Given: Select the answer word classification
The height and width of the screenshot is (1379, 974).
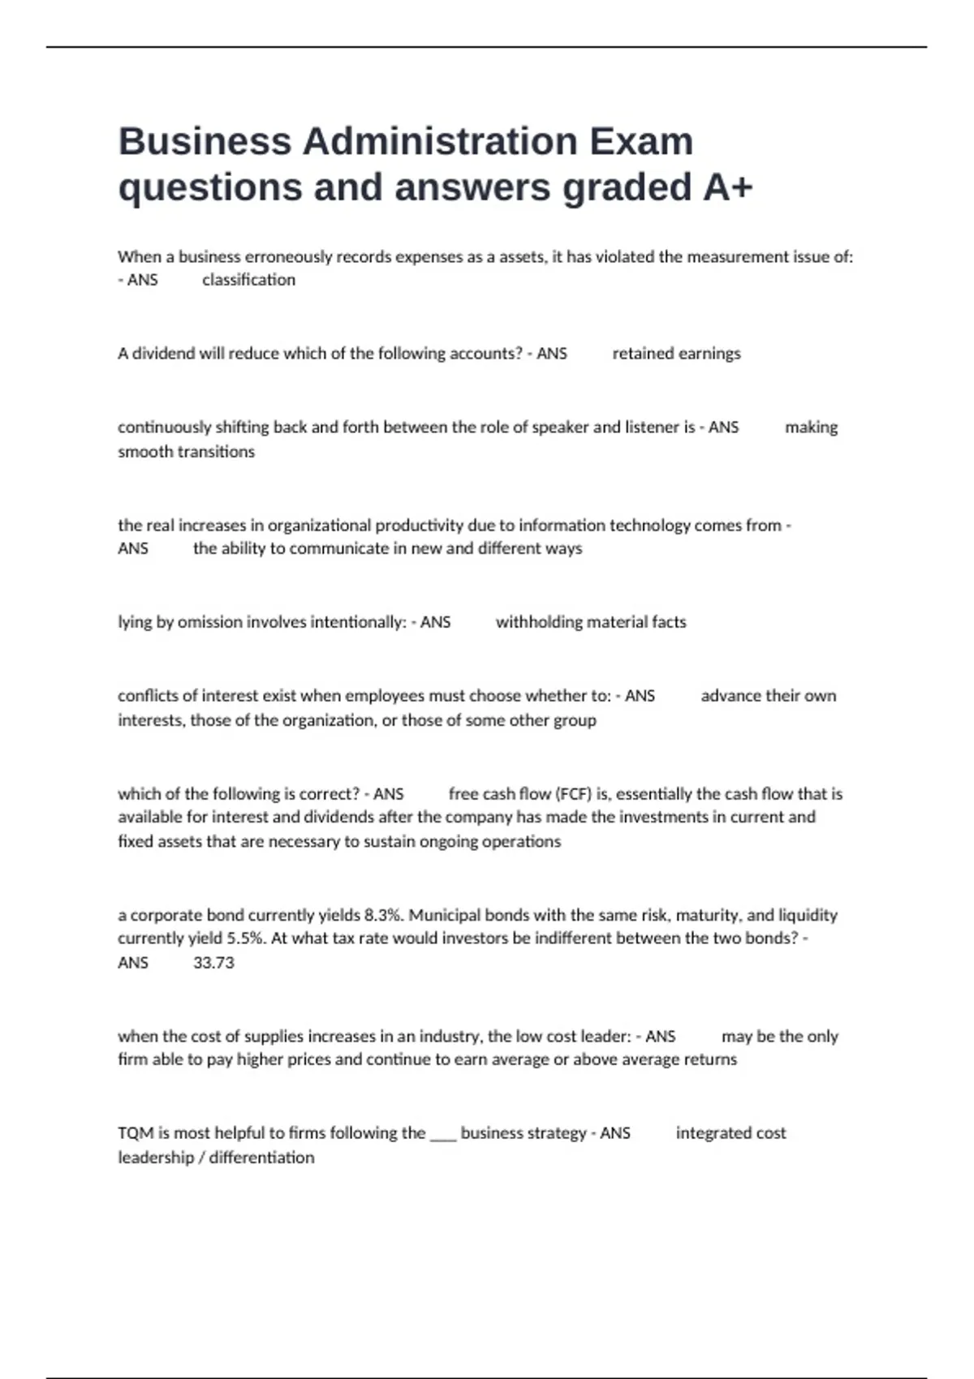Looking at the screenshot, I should [x=248, y=280].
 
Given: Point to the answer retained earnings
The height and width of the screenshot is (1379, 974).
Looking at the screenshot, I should [x=676, y=354].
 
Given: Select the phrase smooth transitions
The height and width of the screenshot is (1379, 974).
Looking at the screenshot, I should [x=186, y=452].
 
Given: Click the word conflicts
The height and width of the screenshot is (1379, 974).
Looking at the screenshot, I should [x=146, y=696].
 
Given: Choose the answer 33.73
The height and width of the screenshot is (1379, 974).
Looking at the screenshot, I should [x=213, y=963].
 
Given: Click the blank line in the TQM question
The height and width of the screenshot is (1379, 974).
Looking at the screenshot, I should [x=443, y=1135].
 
